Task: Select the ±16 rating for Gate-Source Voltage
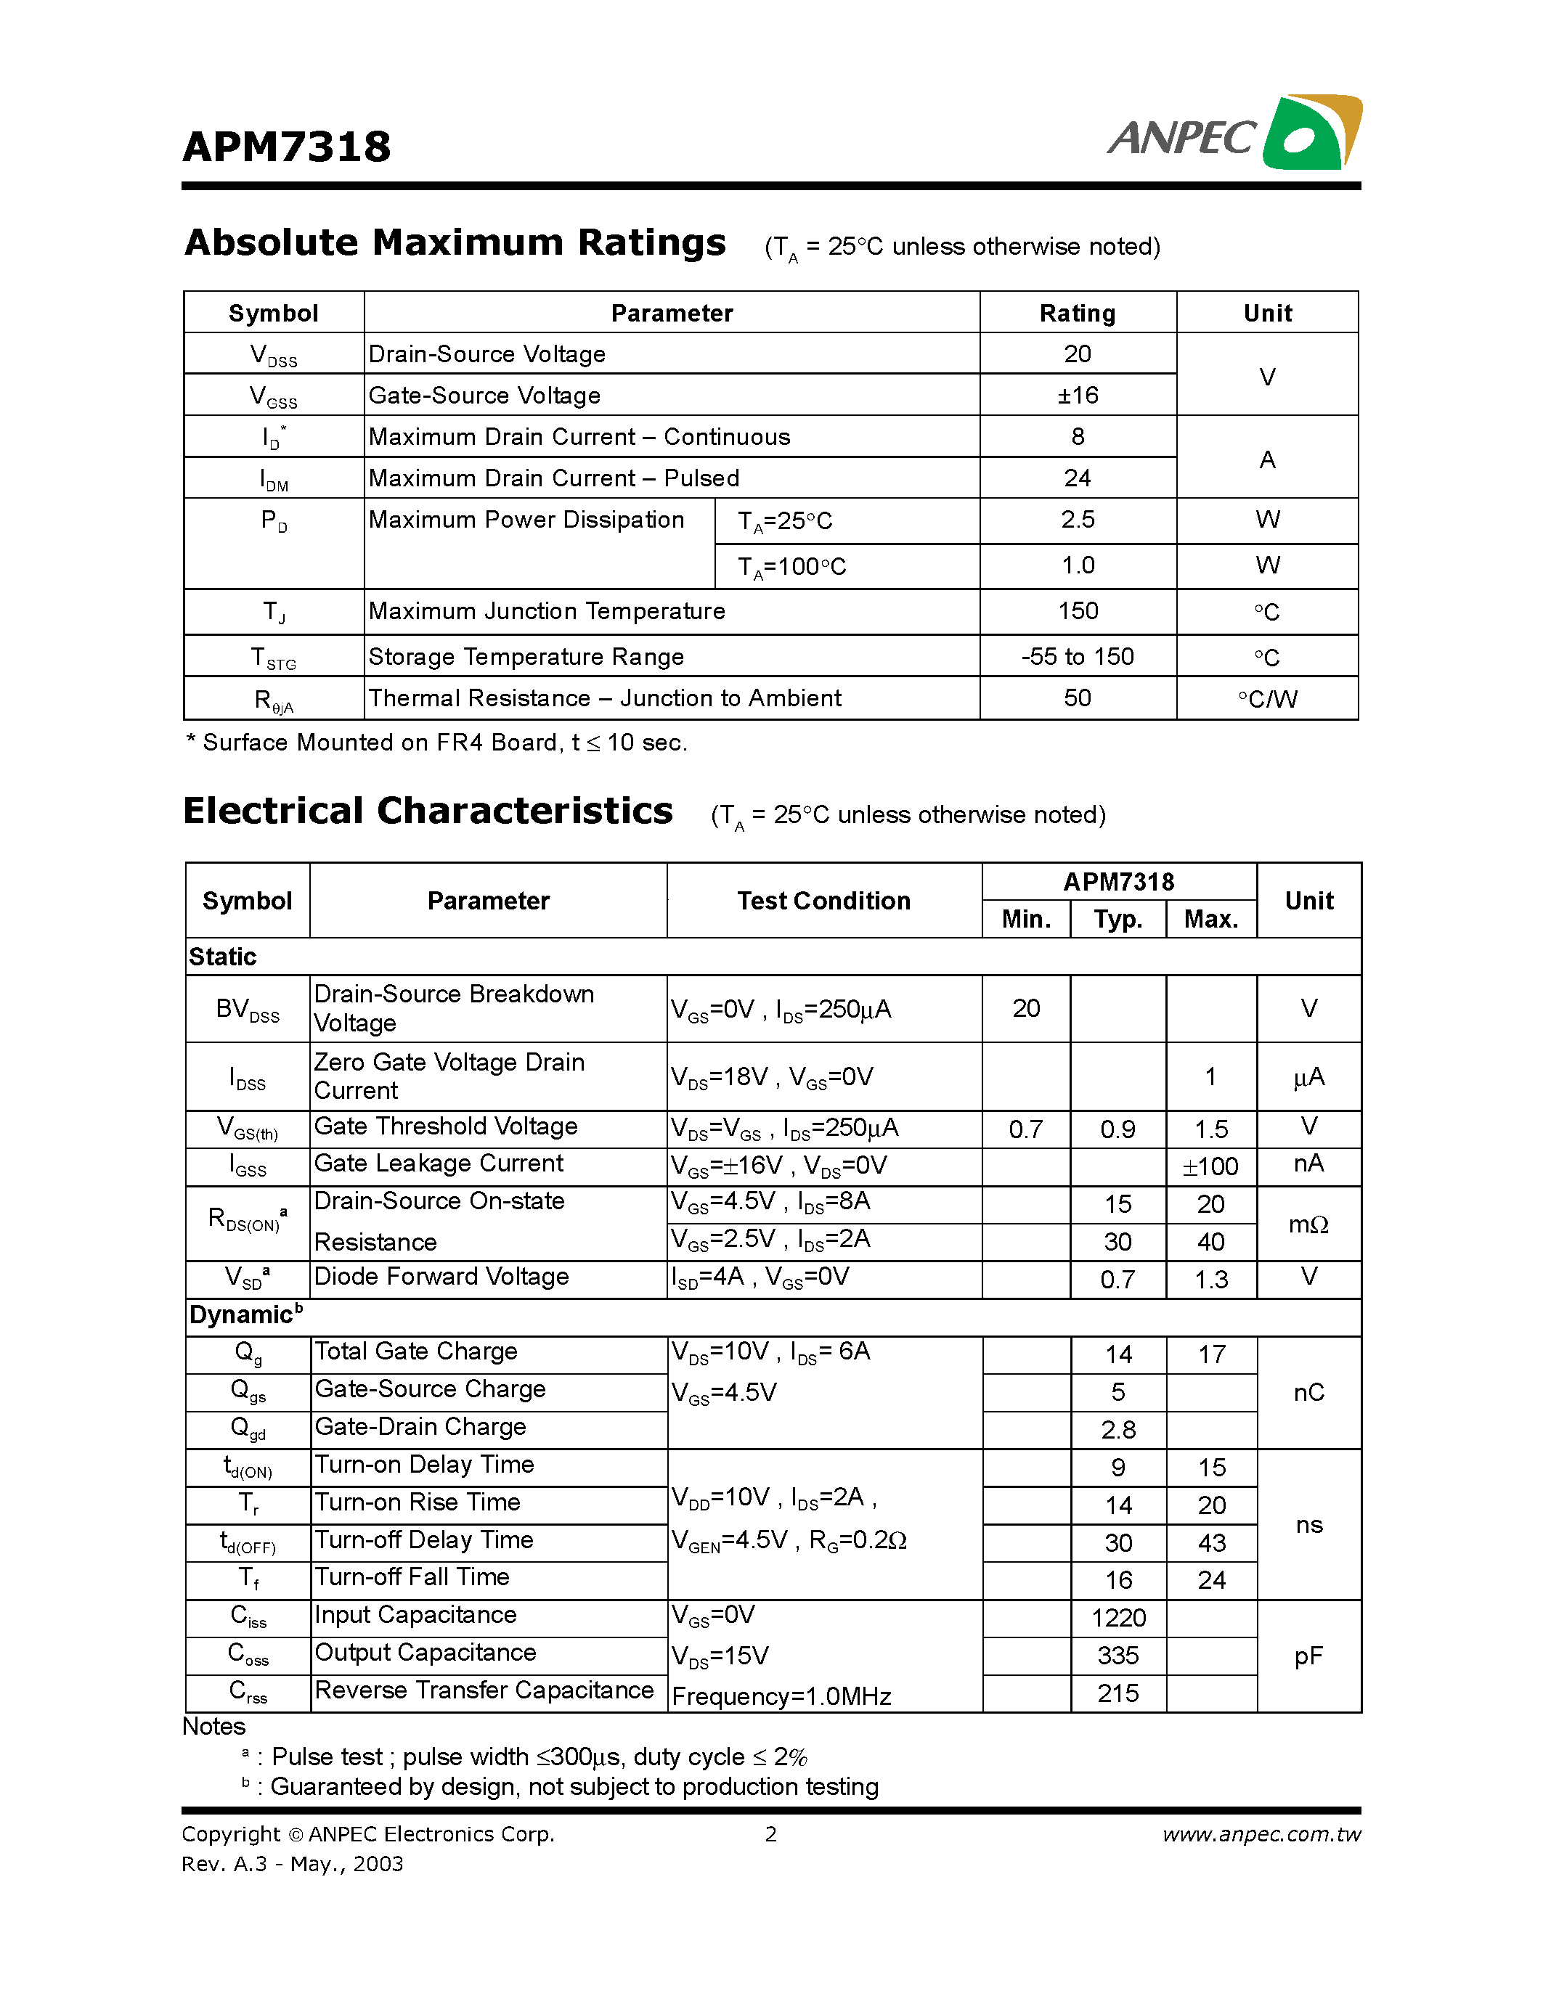pos(1077,395)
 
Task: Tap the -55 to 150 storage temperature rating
pos(1077,656)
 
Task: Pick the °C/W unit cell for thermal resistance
pos(1267,699)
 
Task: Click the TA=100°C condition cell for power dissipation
pos(791,567)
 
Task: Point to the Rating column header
pos(1077,314)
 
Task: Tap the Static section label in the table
pos(222,957)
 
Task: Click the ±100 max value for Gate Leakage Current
pos(1210,1167)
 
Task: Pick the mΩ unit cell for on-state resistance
pos(1308,1224)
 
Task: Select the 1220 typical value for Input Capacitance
pos(1118,1619)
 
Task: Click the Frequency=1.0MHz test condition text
pos(781,1697)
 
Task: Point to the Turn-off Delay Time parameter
pos(423,1540)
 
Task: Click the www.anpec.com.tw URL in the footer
pos(1261,1834)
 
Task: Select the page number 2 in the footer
pos(770,1834)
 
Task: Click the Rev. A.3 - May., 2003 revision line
pos(292,1863)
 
